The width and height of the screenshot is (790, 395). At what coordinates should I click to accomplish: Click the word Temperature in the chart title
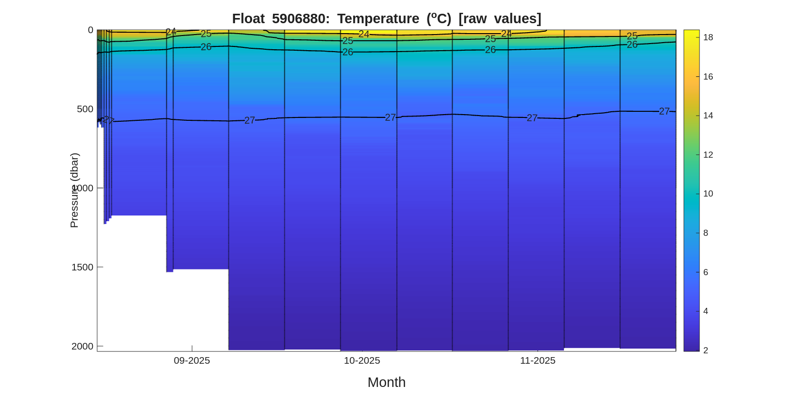tap(378, 18)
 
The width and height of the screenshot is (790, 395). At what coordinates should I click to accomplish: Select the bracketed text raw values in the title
tap(499, 18)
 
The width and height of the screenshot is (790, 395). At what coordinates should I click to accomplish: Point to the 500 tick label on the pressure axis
tap(85, 109)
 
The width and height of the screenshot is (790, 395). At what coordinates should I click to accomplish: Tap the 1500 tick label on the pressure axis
tap(82, 267)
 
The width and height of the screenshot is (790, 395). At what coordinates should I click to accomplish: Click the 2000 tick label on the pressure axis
tap(82, 346)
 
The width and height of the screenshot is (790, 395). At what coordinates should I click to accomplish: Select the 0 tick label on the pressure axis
tap(91, 30)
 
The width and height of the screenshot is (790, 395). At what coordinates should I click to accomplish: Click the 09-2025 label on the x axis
tap(191, 360)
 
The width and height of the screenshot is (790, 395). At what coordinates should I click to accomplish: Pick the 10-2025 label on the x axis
tap(362, 360)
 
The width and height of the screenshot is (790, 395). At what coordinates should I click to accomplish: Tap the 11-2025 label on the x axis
tap(537, 360)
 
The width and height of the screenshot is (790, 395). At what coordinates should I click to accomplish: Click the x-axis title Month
tap(386, 382)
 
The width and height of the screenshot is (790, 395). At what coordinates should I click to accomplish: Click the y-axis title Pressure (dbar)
tap(74, 190)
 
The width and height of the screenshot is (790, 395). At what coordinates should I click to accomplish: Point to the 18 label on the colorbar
tap(708, 37)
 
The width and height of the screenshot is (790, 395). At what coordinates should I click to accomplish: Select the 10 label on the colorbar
tap(708, 194)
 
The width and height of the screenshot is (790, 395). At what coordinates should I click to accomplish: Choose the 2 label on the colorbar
tap(706, 350)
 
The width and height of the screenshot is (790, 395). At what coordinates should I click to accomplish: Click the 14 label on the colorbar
tap(708, 116)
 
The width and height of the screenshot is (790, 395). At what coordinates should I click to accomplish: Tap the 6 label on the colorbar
tap(706, 272)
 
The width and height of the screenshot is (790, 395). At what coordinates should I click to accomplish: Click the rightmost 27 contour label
tap(664, 111)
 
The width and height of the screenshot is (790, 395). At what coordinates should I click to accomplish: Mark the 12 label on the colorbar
tap(708, 155)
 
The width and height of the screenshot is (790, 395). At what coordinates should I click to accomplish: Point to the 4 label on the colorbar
tap(706, 311)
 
